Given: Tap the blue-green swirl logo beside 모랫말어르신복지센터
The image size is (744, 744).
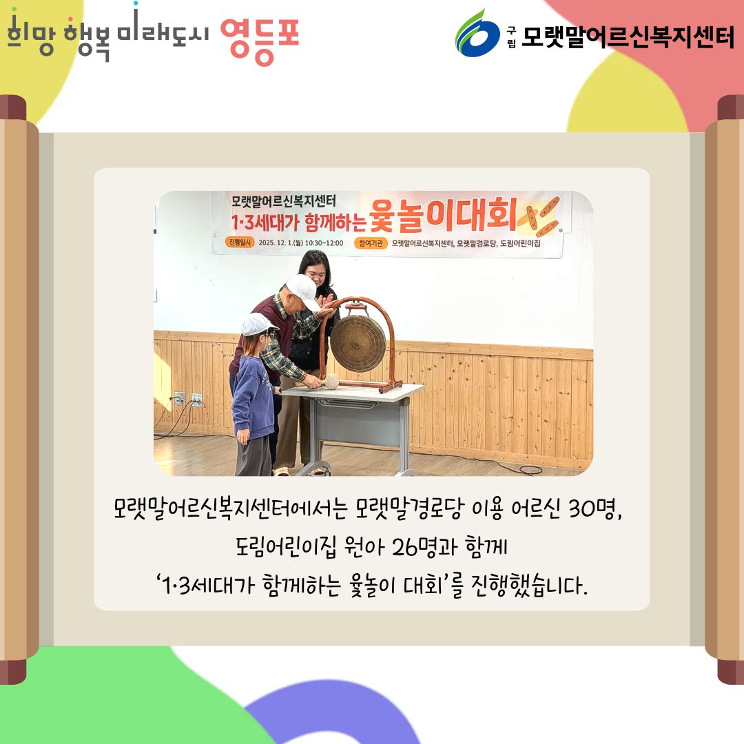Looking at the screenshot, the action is [x=477, y=34].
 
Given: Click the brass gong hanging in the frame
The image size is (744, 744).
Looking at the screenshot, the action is [x=358, y=343].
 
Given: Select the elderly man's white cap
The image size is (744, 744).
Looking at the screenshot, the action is [x=302, y=290].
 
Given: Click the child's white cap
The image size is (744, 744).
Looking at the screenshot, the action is [x=258, y=324].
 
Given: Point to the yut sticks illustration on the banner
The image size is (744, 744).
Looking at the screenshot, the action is [x=539, y=217].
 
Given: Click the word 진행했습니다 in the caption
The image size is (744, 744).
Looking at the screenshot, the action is [x=529, y=585].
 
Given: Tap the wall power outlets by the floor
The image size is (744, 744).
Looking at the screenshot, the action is [x=187, y=398].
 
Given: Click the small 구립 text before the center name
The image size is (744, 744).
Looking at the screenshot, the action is [x=511, y=37].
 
